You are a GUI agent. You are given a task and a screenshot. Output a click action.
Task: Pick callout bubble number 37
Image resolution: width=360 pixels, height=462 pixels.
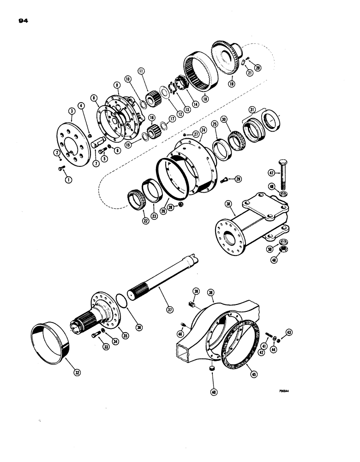(169, 310)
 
